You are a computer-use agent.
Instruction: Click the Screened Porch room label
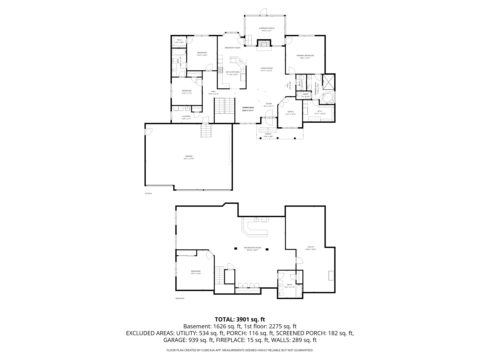click(267, 29)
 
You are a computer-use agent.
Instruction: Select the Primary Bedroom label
click(305, 57)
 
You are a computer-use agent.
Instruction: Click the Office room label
click(290, 113)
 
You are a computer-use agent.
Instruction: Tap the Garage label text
click(189, 157)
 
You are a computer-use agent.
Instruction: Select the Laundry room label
click(186, 117)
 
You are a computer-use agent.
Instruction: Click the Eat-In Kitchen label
click(233, 73)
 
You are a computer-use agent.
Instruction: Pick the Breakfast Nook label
click(232, 48)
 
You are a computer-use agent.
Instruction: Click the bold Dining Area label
click(248, 109)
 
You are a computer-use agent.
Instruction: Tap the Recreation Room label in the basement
click(252, 249)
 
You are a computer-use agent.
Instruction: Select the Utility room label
click(311, 248)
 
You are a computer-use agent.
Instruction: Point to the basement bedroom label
click(196, 272)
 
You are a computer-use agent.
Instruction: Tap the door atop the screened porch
click(263, 12)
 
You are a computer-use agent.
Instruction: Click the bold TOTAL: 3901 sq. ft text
click(240, 319)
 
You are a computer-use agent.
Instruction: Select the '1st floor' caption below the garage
click(148, 193)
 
